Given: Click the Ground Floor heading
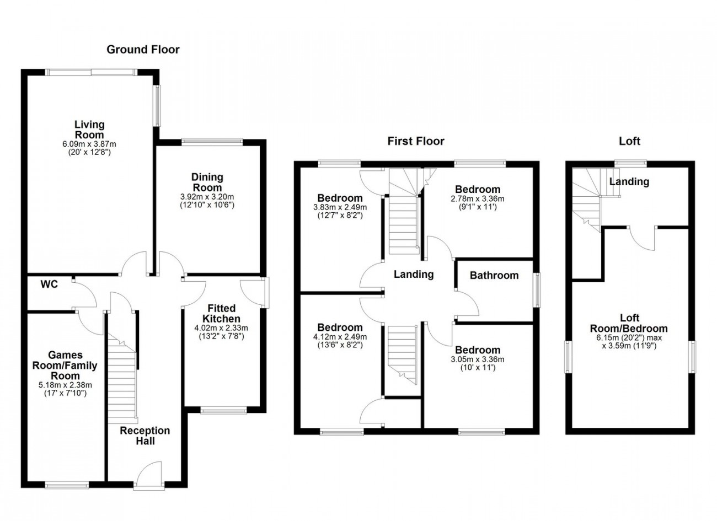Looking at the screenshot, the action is (143, 50).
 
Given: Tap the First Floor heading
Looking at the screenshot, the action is (416, 141).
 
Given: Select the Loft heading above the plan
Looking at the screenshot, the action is (629, 141).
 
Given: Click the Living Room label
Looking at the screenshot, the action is (89, 130).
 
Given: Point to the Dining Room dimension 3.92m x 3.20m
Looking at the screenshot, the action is (207, 197).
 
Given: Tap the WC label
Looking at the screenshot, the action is (49, 284).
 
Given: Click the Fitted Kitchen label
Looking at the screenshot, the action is (221, 313).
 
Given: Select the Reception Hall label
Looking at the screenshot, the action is (145, 436).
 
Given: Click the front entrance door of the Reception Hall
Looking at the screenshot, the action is (149, 475).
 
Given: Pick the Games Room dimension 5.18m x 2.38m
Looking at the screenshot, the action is (65, 385).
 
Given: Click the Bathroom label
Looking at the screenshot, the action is (494, 275).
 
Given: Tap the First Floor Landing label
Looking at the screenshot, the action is (414, 274).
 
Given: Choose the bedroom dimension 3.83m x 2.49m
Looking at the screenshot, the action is (340, 207).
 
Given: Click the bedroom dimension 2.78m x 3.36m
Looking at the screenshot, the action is (478, 198).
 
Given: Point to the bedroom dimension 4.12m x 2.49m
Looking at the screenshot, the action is (340, 337).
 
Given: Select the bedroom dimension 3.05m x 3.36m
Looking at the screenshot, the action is (478, 359).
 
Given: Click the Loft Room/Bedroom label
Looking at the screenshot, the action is (629, 323).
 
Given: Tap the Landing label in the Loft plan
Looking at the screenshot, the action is (629, 182).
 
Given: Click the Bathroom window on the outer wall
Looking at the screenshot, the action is (537, 290).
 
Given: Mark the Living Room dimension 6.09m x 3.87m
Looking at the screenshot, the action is (89, 144).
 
